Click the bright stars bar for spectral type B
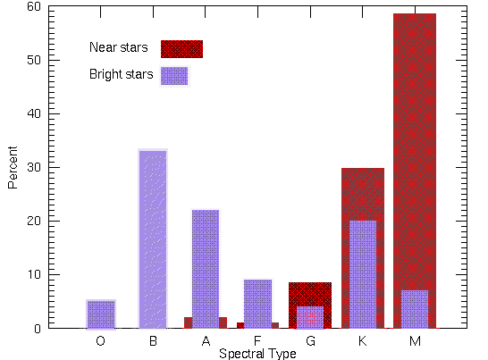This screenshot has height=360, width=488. point(152,239)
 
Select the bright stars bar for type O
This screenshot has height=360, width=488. point(100,314)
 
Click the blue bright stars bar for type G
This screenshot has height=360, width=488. point(309,317)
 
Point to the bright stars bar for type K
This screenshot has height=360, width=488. point(362,273)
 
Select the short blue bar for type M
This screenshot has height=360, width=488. point(414,309)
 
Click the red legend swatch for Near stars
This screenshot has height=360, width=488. point(181,48)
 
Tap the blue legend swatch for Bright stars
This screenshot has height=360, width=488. point(174,76)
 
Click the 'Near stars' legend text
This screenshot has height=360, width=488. point(119,47)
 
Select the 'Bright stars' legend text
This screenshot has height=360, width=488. point(122,74)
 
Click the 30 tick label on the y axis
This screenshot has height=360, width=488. point(33,167)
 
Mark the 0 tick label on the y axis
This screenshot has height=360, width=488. point(37,328)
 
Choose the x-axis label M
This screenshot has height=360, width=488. point(414,341)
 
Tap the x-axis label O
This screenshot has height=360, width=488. point(100,341)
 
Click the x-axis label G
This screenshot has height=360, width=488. point(309,341)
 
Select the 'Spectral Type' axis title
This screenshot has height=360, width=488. point(257,354)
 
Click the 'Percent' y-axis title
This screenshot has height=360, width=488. point(13,167)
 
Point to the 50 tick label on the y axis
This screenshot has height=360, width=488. point(33,60)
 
